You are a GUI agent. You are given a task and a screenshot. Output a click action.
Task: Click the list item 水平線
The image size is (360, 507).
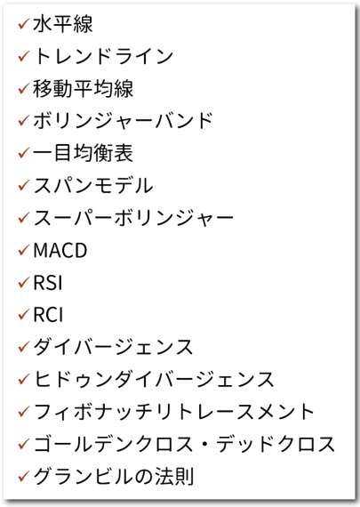coord(63,24)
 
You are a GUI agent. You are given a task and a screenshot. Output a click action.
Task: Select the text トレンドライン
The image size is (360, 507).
coord(103,56)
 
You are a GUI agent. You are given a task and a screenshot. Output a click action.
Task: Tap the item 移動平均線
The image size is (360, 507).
coord(83,89)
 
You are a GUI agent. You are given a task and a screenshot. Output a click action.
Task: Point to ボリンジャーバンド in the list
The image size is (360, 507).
coord(123,121)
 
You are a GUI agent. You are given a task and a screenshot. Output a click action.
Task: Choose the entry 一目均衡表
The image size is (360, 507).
coord(83,153)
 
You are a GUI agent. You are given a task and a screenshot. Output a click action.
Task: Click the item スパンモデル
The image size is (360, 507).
coord(93,186)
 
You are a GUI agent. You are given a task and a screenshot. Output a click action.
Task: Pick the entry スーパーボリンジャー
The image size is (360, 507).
coord(133,218)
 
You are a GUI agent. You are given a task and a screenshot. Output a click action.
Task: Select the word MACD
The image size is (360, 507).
coord(60,250)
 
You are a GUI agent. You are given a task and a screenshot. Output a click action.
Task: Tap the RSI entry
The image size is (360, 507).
coord(48,283)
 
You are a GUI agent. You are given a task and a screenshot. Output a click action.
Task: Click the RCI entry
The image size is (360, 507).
coord(48,315)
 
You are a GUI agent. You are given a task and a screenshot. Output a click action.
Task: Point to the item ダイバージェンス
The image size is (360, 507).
coord(113,347)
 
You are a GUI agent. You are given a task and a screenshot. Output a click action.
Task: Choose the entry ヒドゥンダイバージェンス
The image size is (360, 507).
coord(154,380)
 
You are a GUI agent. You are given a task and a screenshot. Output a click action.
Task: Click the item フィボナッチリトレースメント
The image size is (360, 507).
coord(174,412)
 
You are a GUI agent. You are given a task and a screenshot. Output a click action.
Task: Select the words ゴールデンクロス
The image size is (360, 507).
coord(113,444)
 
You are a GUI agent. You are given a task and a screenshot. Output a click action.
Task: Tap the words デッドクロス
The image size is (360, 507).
coord(276,444)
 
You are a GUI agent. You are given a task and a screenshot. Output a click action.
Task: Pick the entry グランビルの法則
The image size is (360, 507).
coord(113,477)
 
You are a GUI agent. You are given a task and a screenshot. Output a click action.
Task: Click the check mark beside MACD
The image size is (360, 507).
coord(24,250)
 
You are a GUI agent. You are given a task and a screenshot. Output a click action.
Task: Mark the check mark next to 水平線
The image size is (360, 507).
coord(24,24)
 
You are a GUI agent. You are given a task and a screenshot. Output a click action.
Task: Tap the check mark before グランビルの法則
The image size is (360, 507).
coord(24,477)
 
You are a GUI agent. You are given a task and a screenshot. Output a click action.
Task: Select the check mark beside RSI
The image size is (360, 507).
coord(24,283)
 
